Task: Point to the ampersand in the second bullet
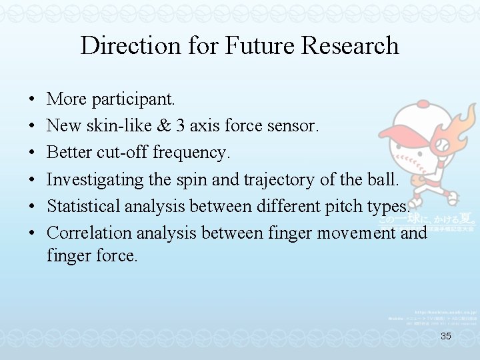(167, 126)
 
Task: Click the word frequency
(191, 153)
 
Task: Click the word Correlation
(88, 233)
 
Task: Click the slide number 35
(446, 337)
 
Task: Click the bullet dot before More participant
(33, 100)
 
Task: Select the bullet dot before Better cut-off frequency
(33, 153)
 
